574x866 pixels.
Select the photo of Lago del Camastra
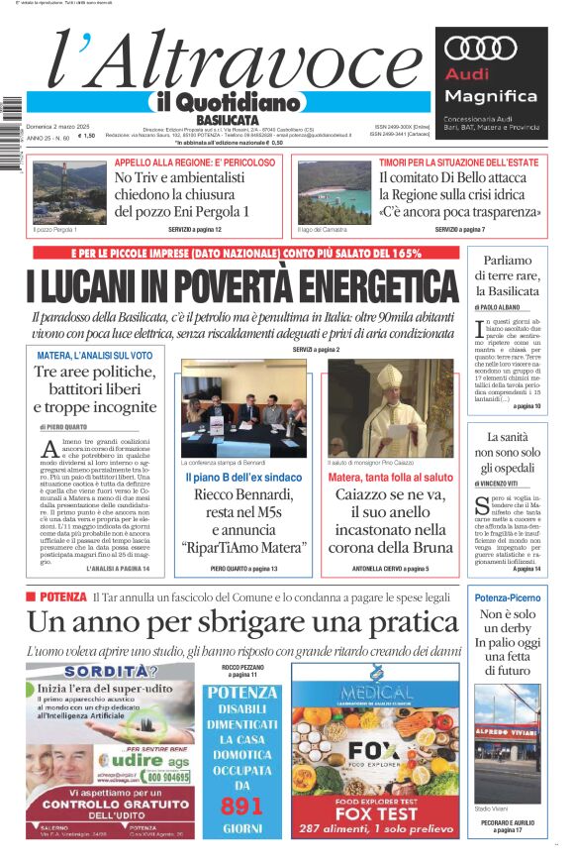335,192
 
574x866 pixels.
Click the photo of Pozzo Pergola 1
69,192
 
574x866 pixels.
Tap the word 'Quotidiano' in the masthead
242,102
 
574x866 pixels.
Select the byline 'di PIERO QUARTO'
64,426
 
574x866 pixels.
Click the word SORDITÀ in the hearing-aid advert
87,671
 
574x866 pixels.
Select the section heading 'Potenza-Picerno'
508,598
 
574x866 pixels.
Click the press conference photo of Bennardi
230,407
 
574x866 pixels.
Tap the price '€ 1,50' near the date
86,136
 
